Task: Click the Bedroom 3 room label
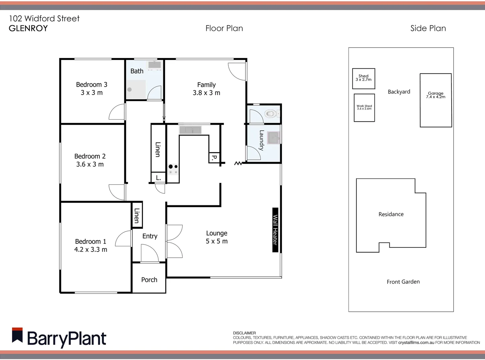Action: [x=92, y=85]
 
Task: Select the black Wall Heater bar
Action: [x=275, y=230]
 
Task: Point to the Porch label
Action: [x=149, y=280]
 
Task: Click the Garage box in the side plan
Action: [x=436, y=100]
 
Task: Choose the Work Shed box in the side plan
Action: [x=364, y=107]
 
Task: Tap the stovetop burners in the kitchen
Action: [x=173, y=169]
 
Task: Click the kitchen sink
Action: [x=190, y=130]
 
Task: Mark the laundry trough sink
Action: [x=274, y=138]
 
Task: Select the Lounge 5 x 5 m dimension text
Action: [x=217, y=241]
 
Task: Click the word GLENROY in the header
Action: [x=28, y=28]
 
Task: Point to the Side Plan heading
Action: [x=428, y=28]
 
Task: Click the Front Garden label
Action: [x=403, y=282]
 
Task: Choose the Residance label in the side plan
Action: [x=391, y=214]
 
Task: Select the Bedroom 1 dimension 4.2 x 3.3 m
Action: [x=91, y=250]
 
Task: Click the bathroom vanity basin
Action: [x=155, y=65]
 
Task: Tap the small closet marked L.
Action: [x=158, y=178]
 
